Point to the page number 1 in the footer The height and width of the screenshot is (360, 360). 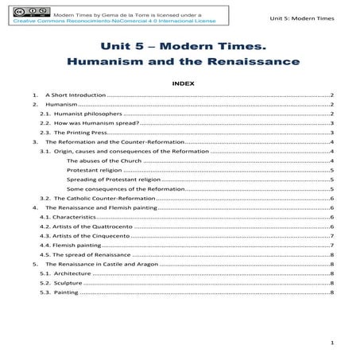point(331,343)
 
